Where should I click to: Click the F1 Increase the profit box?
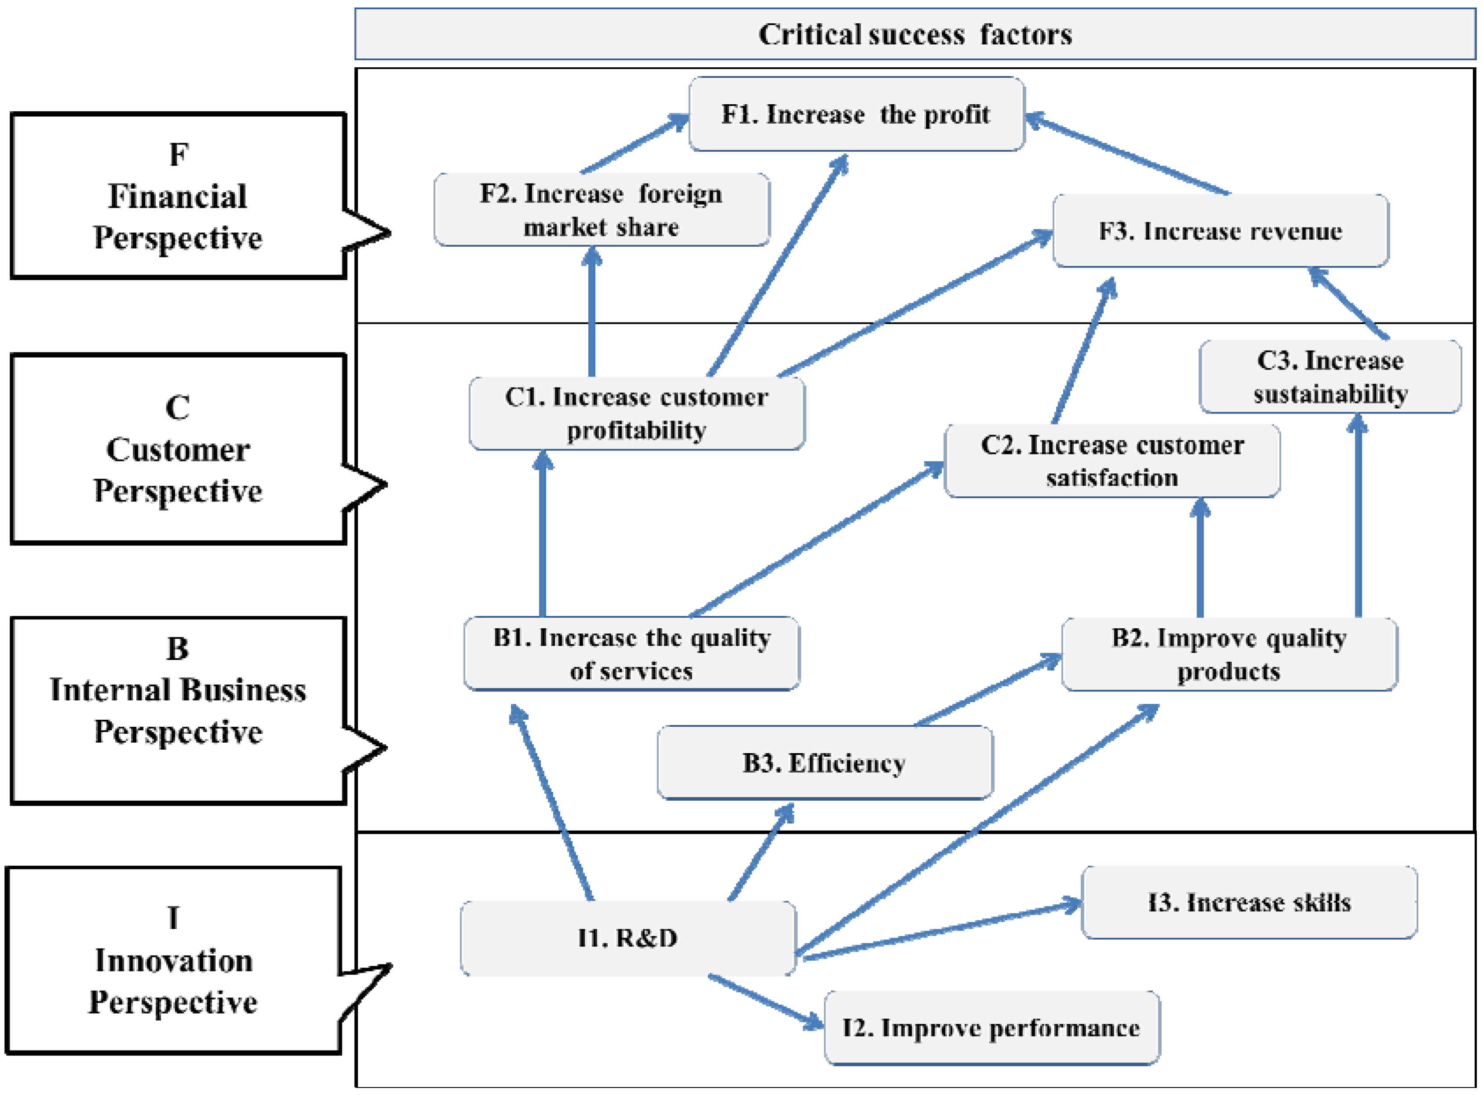tap(856, 114)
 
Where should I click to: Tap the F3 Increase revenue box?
tap(1220, 231)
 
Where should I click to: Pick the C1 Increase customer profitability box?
tap(636, 413)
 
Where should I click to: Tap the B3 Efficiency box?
tap(824, 763)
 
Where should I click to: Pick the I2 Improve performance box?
tap(991, 1028)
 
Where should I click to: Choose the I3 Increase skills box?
tap(1249, 902)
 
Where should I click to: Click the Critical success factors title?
tap(915, 34)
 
